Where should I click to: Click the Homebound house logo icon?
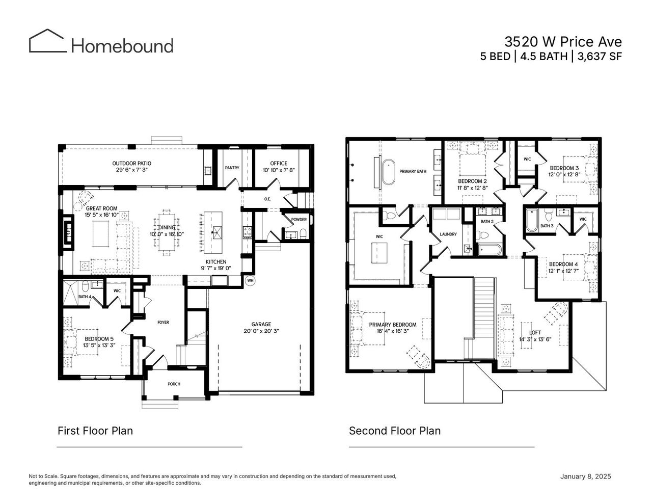pyautogui.click(x=47, y=41)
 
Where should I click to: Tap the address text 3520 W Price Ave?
pyautogui.click(x=563, y=41)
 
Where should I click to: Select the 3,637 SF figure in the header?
pyautogui.click(x=599, y=57)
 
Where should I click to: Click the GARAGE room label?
pyautogui.click(x=261, y=324)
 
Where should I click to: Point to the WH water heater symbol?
pyautogui.click(x=250, y=280)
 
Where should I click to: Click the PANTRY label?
pyautogui.click(x=232, y=168)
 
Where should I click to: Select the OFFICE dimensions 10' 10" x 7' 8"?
pyautogui.click(x=279, y=170)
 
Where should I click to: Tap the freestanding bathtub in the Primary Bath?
pyautogui.click(x=390, y=172)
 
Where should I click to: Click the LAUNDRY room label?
pyautogui.click(x=448, y=234)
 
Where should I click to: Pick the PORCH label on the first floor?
pyautogui.click(x=174, y=384)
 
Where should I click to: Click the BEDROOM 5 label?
pyautogui.click(x=99, y=339)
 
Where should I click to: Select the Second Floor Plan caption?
pyautogui.click(x=395, y=431)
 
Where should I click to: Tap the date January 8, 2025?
pyautogui.click(x=585, y=476)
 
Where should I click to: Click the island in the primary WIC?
pyautogui.click(x=379, y=253)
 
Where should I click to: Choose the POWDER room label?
pyautogui.click(x=299, y=220)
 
